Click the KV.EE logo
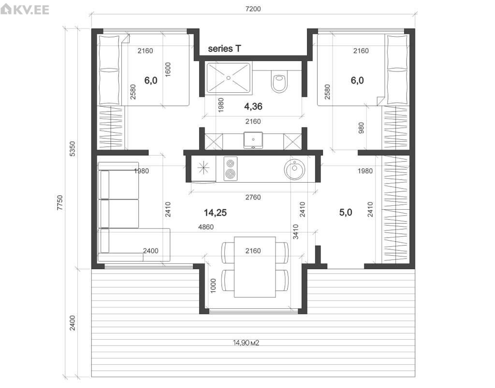25,9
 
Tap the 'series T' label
224,49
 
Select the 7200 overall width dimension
253,9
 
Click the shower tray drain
228,78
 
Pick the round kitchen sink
294,170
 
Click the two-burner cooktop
231,169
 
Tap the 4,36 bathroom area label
253,107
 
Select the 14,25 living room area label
215,213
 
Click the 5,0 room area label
346,212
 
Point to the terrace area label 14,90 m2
246,343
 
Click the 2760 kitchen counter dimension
253,198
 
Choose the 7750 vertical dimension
60,202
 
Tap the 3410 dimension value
296,231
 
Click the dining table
255,267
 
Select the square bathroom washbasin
253,140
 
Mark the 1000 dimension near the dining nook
213,286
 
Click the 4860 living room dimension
206,227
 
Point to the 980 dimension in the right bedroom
361,128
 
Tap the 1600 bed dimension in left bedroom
168,69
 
